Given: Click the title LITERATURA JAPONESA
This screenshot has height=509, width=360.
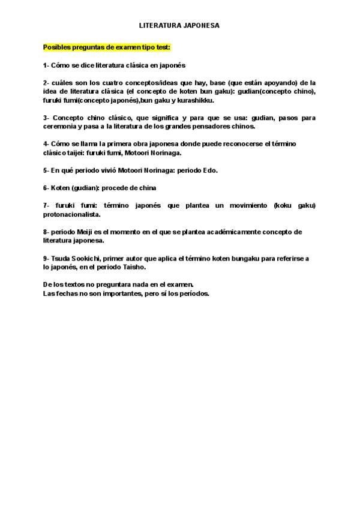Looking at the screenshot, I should (179, 26).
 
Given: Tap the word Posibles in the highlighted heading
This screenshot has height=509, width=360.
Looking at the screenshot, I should (55, 47).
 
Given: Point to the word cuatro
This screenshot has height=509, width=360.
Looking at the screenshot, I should (107, 82).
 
